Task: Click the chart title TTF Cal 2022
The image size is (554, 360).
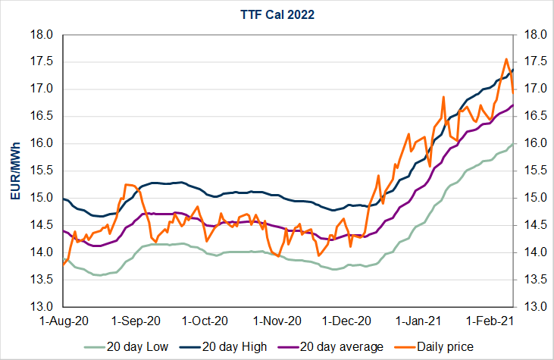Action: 277,14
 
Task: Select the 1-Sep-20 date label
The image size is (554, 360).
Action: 136,321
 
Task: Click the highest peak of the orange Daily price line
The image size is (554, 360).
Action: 506,59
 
